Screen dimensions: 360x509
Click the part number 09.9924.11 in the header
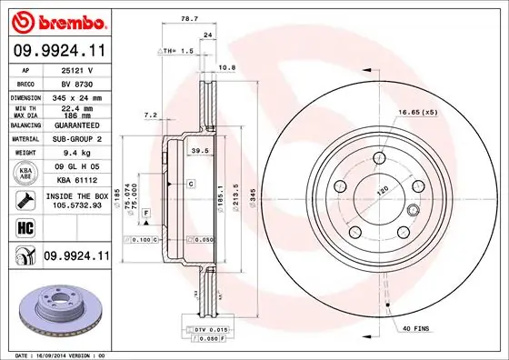point(59,52)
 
